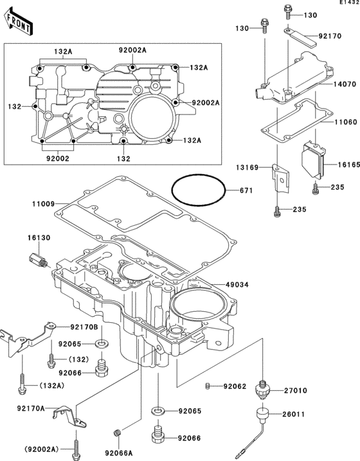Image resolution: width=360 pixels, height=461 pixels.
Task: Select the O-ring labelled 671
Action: (199, 190)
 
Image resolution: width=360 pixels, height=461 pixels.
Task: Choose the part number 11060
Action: (344, 122)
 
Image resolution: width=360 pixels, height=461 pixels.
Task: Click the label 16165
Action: (346, 165)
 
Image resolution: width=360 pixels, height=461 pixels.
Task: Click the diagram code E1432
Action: (349, 3)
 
